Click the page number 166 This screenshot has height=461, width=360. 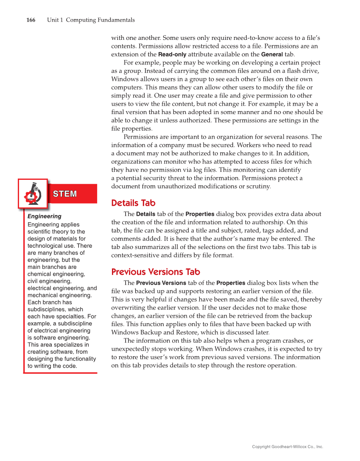pyautogui.click(x=31, y=20)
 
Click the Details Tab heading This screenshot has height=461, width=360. pyautogui.click(x=133, y=203)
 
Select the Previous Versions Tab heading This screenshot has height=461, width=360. pyautogui.click(x=156, y=272)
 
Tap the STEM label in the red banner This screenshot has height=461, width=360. pyautogui.click(x=65, y=194)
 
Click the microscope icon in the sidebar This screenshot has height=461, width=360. pyautogui.click(x=33, y=194)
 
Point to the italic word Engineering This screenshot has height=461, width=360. pyautogui.click(x=45, y=216)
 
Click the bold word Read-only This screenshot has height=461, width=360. pyautogui.click(x=172, y=55)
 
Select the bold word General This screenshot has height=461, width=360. pyautogui.click(x=272, y=55)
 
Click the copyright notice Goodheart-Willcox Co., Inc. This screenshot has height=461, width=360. pyautogui.click(x=287, y=447)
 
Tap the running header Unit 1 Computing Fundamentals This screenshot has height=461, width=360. pyautogui.click(x=91, y=20)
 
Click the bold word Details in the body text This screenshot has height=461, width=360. pyautogui.click(x=145, y=214)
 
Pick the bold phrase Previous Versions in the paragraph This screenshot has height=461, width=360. pyautogui.click(x=161, y=283)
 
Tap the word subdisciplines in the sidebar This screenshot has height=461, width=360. pyautogui.click(x=46, y=310)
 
